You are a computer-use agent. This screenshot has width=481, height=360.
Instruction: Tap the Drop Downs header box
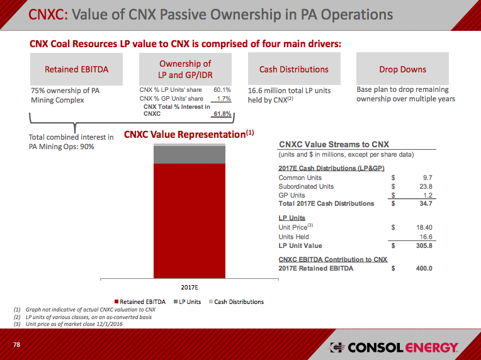click(x=402, y=69)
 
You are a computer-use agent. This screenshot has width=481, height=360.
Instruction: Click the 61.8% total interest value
click(x=222, y=114)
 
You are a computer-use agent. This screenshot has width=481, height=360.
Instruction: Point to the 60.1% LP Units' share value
click(x=222, y=90)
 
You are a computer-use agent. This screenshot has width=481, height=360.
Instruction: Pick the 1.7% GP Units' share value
click(x=223, y=99)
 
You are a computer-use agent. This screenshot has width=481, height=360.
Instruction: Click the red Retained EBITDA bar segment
click(x=190, y=220)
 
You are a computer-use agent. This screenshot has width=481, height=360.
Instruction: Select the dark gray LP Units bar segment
click(x=190, y=155)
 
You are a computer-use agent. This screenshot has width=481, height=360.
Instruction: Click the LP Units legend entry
click(x=187, y=302)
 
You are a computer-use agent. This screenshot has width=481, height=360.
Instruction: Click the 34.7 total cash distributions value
click(x=425, y=203)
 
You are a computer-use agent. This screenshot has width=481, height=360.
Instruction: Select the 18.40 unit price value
click(x=424, y=227)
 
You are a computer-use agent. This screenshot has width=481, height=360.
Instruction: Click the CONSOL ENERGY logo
click(x=395, y=348)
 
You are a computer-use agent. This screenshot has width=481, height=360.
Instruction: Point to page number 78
click(x=17, y=346)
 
